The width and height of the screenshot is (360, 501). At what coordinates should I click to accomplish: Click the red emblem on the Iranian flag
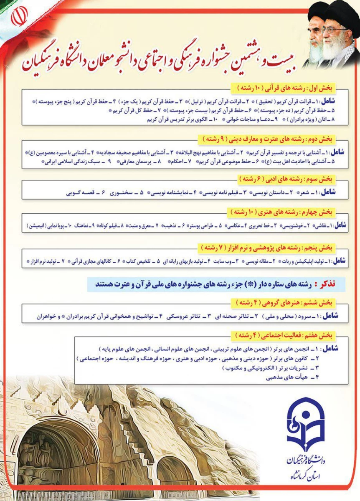point(17,17)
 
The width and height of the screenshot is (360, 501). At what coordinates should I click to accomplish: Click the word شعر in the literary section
point(304,193)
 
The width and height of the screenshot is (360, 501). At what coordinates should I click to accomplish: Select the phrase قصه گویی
point(80,193)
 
